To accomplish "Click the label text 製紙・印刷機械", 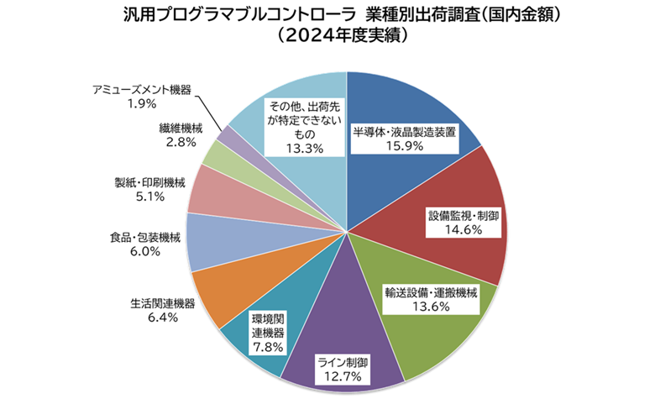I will [x=149, y=182].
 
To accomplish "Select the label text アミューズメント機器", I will [x=142, y=89].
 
